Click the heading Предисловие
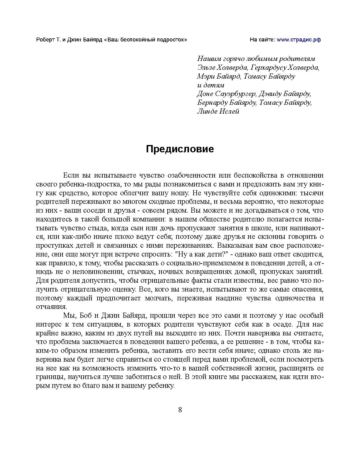click(180, 149)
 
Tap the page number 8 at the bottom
click(180, 410)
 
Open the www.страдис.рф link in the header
click(298, 40)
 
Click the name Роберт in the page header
click(45, 40)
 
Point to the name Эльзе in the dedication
click(206, 68)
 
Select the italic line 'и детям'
click(211, 85)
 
